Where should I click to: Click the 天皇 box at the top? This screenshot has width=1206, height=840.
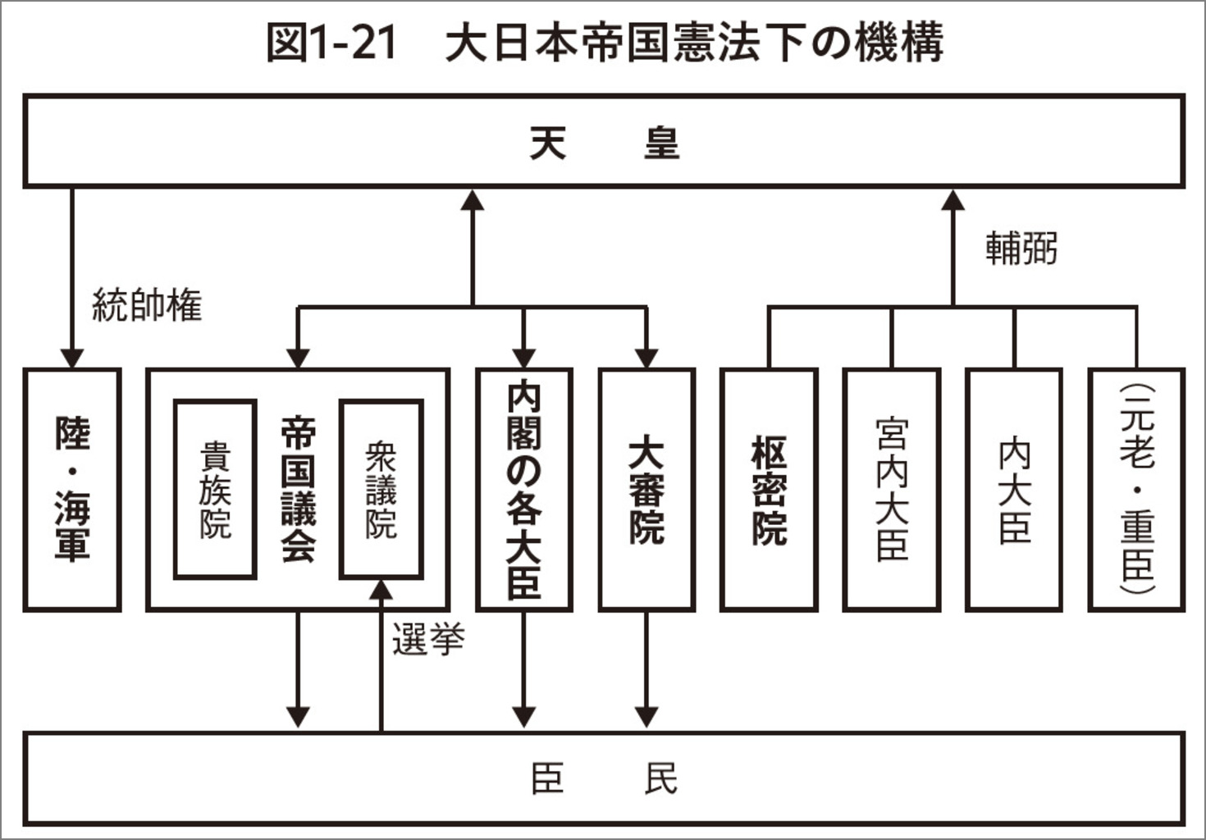click(604, 142)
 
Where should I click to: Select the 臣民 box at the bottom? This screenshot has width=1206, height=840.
click(604, 778)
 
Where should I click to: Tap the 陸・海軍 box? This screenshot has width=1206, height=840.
click(72, 490)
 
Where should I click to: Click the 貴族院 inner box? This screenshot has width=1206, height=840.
click(215, 490)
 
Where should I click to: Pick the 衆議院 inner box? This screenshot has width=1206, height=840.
click(381, 490)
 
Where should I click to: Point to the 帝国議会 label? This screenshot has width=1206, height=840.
click(298, 490)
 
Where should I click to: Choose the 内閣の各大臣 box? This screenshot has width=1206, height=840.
click(523, 490)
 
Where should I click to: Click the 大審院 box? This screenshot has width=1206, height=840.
click(646, 490)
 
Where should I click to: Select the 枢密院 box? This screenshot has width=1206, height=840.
click(769, 490)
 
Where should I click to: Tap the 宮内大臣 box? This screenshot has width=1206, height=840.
click(892, 490)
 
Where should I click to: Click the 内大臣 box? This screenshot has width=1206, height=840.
click(1014, 490)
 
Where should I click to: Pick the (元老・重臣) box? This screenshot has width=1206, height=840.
click(1136, 490)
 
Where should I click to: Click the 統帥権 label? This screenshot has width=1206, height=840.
click(147, 305)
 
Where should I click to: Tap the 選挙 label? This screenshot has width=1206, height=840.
click(427, 639)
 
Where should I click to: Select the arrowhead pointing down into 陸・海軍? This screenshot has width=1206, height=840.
click(72, 358)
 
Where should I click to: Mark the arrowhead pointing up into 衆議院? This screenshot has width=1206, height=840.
click(381, 590)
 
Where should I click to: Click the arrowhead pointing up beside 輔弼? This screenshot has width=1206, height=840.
click(952, 199)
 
